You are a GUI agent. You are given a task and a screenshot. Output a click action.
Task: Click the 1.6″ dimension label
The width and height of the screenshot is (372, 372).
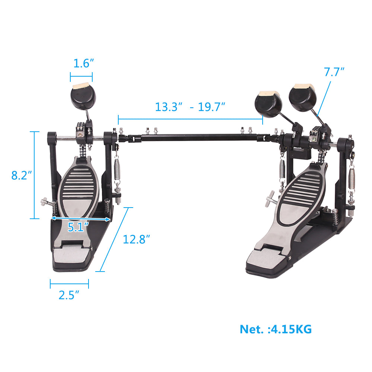pyautogui.click(x=81, y=64)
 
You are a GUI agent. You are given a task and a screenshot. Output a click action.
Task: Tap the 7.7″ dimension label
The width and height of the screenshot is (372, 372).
pyautogui.click(x=334, y=72)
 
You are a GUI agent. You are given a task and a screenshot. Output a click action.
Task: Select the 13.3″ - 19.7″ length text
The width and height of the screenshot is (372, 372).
pyautogui.click(x=190, y=107)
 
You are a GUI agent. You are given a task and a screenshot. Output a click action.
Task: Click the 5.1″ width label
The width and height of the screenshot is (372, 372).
pyautogui.click(x=78, y=227)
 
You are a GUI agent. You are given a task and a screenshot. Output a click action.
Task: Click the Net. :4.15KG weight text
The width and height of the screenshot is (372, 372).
pyautogui.click(x=276, y=329)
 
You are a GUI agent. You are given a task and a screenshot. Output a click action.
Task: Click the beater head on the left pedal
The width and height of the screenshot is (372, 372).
pyautogui.click(x=81, y=96)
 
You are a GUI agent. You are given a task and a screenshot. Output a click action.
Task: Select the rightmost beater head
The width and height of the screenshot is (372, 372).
pyautogui.click(x=303, y=98)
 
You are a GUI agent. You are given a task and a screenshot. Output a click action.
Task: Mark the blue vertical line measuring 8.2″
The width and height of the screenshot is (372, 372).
pyautogui.click(x=35, y=175)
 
